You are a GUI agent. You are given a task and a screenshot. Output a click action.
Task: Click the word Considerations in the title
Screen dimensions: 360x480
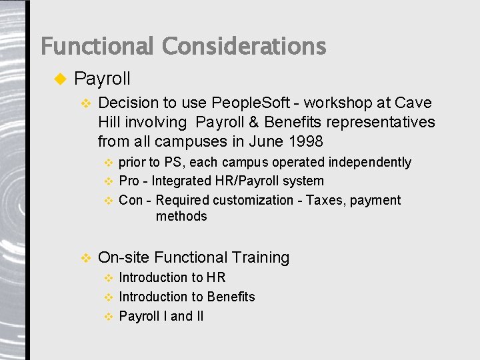tap(244, 47)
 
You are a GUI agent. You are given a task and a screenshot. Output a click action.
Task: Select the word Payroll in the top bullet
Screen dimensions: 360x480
tap(102, 79)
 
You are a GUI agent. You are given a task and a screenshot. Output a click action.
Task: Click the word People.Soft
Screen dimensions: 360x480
tap(251, 103)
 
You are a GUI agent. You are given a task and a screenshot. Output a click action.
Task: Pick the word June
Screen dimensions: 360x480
tap(266, 141)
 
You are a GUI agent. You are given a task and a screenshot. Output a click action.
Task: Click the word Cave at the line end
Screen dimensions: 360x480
tap(413, 103)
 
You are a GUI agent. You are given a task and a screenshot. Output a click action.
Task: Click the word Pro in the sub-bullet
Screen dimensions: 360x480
tap(129, 181)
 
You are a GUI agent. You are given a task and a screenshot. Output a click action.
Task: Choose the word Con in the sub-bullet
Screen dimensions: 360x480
tap(130, 200)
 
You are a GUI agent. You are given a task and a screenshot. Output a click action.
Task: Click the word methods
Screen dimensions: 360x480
tap(181, 216)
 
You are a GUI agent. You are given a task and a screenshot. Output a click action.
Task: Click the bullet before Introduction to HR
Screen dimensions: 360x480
tap(109, 278)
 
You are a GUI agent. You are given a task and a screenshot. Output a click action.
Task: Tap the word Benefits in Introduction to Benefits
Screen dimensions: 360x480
tap(231, 297)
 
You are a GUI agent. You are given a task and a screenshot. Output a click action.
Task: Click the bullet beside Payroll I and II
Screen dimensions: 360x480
tap(109, 317)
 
